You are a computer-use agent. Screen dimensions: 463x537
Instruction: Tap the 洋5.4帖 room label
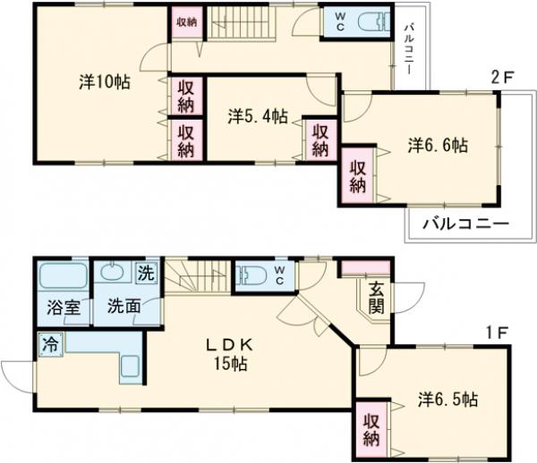(x=257, y=115)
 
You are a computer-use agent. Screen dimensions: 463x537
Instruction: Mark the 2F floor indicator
(x=502, y=79)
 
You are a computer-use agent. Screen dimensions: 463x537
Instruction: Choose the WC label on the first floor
(x=279, y=274)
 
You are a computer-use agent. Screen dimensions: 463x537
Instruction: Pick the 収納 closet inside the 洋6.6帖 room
(x=357, y=175)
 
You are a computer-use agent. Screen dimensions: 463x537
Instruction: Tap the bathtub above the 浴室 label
(x=61, y=275)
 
